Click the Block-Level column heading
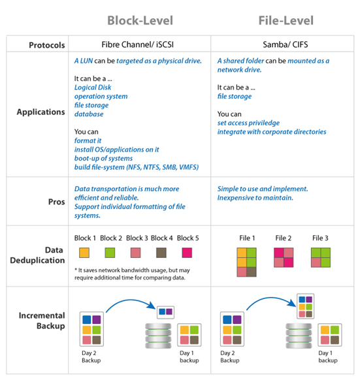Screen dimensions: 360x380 [140, 21]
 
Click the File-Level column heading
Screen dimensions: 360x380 [286, 21]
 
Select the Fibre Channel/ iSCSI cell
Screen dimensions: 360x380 [138, 44]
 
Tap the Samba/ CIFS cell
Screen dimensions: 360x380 [286, 44]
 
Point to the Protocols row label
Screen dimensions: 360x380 [47, 45]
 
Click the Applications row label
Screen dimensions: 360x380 [41, 112]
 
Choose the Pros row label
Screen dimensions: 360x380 [57, 202]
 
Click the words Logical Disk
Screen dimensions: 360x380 [93, 87]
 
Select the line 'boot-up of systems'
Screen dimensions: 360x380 [103, 158]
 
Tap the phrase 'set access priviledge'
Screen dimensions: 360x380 [248, 123]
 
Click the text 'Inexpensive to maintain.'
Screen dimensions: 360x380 [255, 198]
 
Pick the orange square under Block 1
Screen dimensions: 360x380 [84, 253]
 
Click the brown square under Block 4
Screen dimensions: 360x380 [161, 253]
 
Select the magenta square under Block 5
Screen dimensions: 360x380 [187, 253]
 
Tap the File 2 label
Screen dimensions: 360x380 [284, 238]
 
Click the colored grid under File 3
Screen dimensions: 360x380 [321, 257]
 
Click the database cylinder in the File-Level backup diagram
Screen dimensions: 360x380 [299, 336]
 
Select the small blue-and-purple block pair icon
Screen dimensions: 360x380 [166, 312]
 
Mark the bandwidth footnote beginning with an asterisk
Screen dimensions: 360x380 [132, 274]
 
